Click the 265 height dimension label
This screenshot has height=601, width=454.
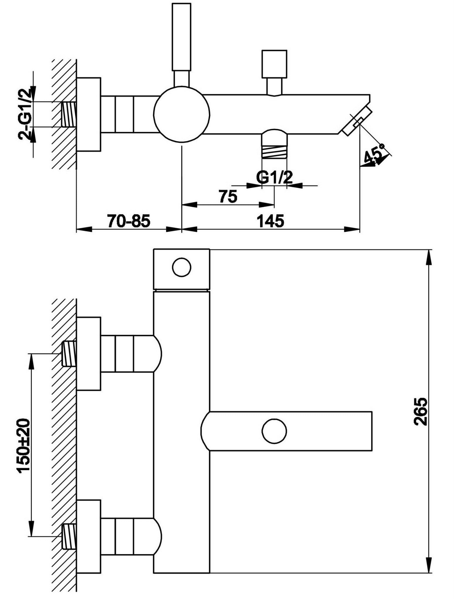(x=421, y=411)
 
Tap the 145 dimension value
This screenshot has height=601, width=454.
(x=270, y=221)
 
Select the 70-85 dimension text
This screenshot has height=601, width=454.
(x=129, y=221)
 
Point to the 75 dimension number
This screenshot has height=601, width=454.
(x=228, y=196)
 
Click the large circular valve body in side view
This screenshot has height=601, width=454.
(x=182, y=115)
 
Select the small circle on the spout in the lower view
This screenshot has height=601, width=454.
(x=274, y=431)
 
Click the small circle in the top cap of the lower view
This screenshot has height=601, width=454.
(x=182, y=267)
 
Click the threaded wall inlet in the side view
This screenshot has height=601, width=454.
(x=69, y=114)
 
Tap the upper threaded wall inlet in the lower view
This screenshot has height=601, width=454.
(x=69, y=353)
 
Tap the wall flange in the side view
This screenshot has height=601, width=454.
(x=89, y=115)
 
